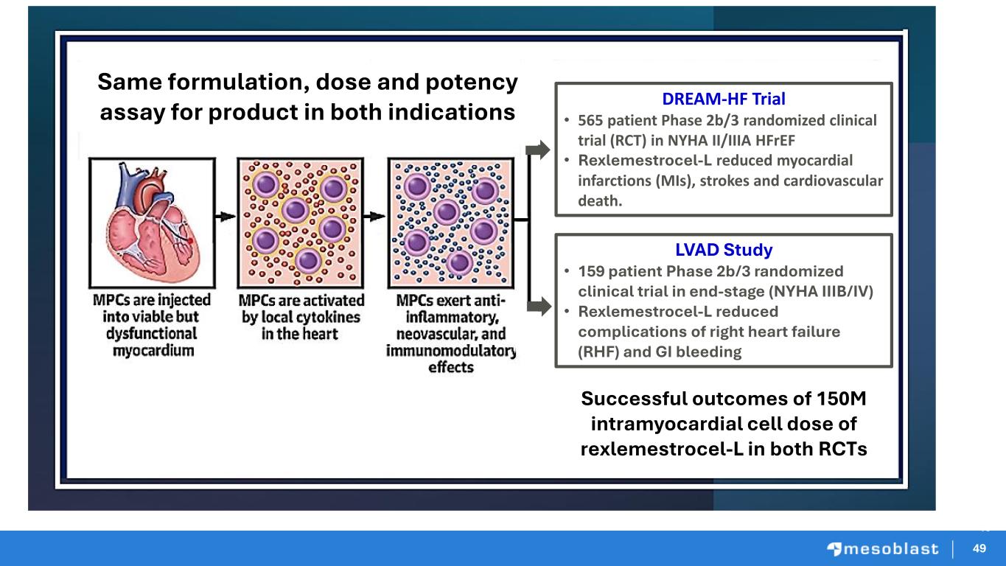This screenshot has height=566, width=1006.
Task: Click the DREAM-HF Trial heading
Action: tap(724, 99)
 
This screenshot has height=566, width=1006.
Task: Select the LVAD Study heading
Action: tap(724, 250)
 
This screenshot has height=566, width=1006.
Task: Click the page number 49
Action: tap(979, 548)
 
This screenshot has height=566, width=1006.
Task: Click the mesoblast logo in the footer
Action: tap(883, 548)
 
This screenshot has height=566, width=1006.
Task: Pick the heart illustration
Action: tap(153, 223)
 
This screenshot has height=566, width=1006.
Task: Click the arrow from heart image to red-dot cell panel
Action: tap(226, 217)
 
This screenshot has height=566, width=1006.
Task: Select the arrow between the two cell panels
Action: tap(374, 217)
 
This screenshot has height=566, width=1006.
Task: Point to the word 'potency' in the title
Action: tap(472, 83)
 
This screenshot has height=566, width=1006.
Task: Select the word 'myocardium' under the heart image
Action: tap(153, 350)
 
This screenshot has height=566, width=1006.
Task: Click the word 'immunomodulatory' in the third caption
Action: tap(451, 350)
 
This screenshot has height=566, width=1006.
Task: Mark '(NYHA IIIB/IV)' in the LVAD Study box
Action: tap(821, 292)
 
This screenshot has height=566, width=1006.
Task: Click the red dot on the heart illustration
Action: tap(190, 241)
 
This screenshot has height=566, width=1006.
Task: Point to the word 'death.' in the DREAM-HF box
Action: tap(600, 200)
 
